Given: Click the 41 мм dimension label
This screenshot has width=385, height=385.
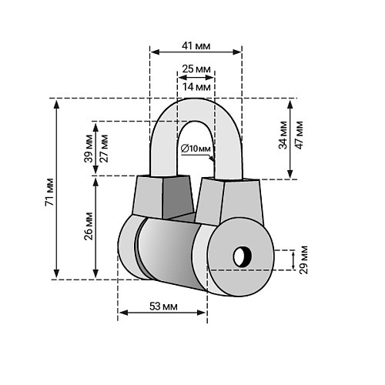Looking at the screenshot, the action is coord(196,46).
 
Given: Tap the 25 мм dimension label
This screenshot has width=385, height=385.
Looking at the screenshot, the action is coord(196,69).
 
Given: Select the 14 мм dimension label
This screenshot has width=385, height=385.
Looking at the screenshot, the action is coord(196,87).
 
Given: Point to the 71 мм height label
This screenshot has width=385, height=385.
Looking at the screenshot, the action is coord(49,192).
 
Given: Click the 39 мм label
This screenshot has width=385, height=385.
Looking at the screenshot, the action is coord(89,148).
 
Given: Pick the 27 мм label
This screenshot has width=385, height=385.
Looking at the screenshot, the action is coord(104,148).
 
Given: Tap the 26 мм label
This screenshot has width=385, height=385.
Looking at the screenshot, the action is coord(89,226).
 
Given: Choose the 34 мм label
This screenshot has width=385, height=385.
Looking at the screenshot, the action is coord(283,135).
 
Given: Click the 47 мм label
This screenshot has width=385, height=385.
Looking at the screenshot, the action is coord(300,135).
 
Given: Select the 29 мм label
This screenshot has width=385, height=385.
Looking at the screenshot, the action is coord(303,260).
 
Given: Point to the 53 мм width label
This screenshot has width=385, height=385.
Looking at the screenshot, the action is coord(163,306).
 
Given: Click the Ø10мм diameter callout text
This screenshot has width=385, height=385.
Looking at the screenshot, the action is coord(196,149).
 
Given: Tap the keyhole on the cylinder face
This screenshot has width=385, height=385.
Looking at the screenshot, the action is coord(243,256).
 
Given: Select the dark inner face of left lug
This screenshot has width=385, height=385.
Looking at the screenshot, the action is coord(177,197).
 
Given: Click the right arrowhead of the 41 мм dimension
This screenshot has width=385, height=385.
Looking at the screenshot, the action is coord(236,52).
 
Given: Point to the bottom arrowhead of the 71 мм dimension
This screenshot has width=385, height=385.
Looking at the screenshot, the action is coord(57,273).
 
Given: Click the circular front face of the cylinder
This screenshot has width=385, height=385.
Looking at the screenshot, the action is coord(240,256).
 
